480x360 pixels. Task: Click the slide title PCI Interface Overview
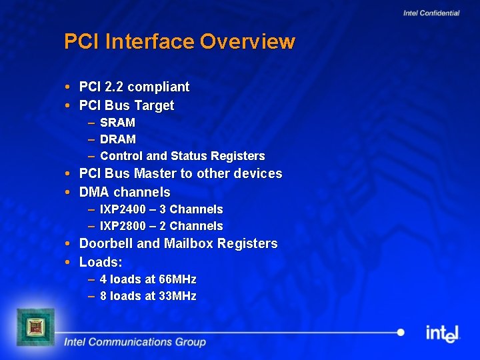pyautogui.click(x=179, y=41)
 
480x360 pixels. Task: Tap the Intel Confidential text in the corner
pyautogui.click(x=431, y=13)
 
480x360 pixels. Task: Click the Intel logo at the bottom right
pyautogui.click(x=443, y=333)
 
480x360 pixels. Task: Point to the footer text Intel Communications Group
pyautogui.click(x=135, y=342)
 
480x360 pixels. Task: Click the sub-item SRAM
pyautogui.click(x=117, y=123)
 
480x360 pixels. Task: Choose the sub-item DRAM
pyautogui.click(x=118, y=139)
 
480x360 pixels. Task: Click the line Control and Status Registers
pyautogui.click(x=182, y=156)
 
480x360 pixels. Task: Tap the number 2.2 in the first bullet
pyautogui.click(x=114, y=87)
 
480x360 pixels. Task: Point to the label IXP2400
pyautogui.click(x=123, y=209)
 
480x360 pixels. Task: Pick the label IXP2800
pyautogui.click(x=123, y=226)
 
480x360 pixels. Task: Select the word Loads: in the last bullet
pyautogui.click(x=101, y=262)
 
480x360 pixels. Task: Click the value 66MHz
pyautogui.click(x=177, y=279)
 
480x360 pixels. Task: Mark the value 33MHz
pyautogui.click(x=177, y=296)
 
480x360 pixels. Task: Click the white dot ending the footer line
pyautogui.click(x=400, y=332)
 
